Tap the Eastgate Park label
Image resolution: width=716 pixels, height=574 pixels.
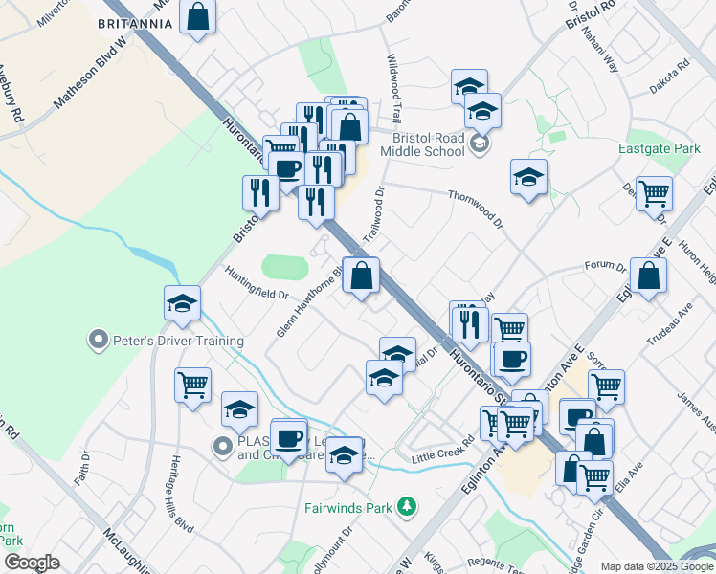point(660,149)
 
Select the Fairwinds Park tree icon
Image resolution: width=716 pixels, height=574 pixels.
point(408,506)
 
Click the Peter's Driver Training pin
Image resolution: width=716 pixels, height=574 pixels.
point(98,340)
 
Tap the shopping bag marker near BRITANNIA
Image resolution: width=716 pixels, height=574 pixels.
point(197,17)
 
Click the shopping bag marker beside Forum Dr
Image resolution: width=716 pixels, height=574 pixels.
point(648,276)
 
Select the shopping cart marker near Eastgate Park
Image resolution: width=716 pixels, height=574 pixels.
point(655,193)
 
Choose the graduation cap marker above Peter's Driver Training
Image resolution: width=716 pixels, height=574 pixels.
point(182,304)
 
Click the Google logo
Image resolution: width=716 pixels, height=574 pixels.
point(32,563)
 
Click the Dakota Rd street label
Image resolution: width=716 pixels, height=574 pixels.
point(669,79)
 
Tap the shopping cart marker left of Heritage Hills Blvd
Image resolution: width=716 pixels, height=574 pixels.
point(192,385)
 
